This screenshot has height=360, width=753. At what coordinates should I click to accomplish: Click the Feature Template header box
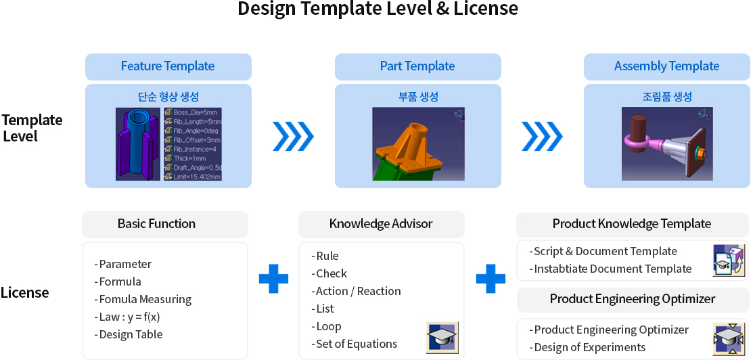pos(168,66)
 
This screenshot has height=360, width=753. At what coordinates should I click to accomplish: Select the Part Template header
pos(417,66)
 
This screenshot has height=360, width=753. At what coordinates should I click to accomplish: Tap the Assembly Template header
pos(666,66)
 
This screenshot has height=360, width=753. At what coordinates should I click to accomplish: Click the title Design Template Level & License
pos(378,9)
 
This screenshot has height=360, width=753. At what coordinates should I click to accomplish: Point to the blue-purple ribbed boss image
pos(138,143)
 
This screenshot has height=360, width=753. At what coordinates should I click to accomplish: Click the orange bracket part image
pos(417,143)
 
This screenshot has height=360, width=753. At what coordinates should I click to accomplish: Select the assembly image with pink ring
pos(666,143)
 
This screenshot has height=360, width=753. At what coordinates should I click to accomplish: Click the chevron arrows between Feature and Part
pos(293,137)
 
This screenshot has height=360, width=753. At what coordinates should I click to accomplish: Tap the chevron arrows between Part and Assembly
pos(542,137)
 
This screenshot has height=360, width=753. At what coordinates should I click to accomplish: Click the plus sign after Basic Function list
pos(273,279)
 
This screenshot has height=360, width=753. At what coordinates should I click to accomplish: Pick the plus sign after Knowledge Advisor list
pos(490,279)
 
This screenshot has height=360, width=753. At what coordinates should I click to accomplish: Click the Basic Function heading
pos(156,224)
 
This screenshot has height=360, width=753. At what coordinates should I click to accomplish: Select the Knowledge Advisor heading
pos(381,224)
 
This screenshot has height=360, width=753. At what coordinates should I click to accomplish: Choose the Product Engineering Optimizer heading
pos(632,299)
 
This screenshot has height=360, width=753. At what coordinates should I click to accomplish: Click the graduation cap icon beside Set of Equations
pos(442,337)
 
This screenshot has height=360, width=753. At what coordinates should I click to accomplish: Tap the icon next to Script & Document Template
pos(729,261)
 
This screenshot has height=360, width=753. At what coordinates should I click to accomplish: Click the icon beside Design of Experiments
pos(729,338)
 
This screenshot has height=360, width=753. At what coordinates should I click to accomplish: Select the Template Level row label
pos(31,128)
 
